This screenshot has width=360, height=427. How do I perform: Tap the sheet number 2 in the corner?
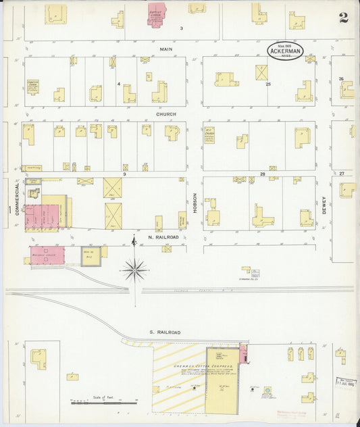click(344, 18)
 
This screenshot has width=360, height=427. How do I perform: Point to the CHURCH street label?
click(166, 114)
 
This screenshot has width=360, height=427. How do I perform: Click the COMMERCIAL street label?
click(16, 200)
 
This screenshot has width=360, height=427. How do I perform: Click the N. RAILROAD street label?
click(163, 238)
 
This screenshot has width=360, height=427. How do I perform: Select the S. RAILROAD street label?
click(165, 332)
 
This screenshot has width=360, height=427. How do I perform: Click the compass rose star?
click(135, 270)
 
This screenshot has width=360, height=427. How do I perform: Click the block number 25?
click(268, 84)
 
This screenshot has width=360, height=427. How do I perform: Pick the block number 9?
click(125, 174)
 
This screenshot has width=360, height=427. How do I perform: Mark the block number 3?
click(181, 28)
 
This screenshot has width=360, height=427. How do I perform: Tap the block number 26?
click(341, 79)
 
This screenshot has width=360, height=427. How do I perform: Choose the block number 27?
click(342, 174)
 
